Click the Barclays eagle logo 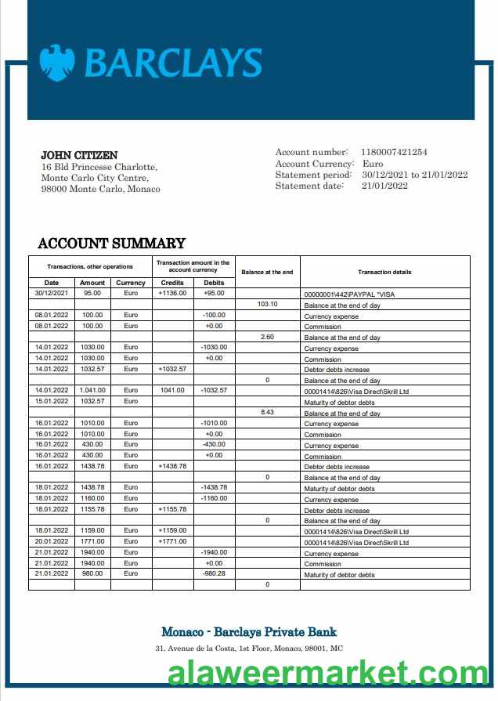[x=57, y=63]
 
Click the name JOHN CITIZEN [x=79, y=155]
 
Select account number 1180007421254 [x=394, y=152]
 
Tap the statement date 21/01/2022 [x=384, y=186]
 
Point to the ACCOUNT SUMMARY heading [x=111, y=243]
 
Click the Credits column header [x=172, y=283]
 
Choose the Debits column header [x=213, y=283]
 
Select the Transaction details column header [x=384, y=272]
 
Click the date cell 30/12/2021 [x=52, y=293]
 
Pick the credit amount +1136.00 [x=172, y=293]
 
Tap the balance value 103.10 [x=268, y=304]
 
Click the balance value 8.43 [x=268, y=412]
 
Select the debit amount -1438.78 [x=213, y=487]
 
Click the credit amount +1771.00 [x=172, y=541]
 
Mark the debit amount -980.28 [x=213, y=573]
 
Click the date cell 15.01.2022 [x=52, y=401]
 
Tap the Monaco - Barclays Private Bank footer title [x=249, y=631]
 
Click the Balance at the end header [x=267, y=272]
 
